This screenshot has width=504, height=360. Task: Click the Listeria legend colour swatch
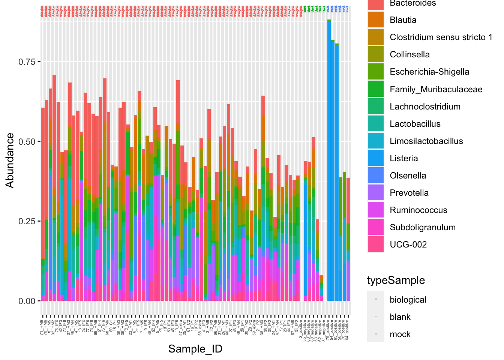(375, 158)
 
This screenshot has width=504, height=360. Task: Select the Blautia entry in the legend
(403, 20)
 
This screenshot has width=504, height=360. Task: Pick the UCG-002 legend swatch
(375, 244)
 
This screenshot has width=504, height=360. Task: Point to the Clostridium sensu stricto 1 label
(441, 37)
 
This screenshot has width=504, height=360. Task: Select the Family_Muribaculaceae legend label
(436, 89)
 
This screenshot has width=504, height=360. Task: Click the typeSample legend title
(396, 280)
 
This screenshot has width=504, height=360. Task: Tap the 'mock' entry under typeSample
(400, 334)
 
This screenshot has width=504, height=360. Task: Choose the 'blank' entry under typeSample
(400, 317)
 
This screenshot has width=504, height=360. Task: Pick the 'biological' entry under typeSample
(408, 300)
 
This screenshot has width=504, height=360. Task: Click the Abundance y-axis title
(10, 160)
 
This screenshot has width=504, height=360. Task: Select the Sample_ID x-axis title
(195, 349)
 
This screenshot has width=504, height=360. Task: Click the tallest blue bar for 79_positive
(329, 161)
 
